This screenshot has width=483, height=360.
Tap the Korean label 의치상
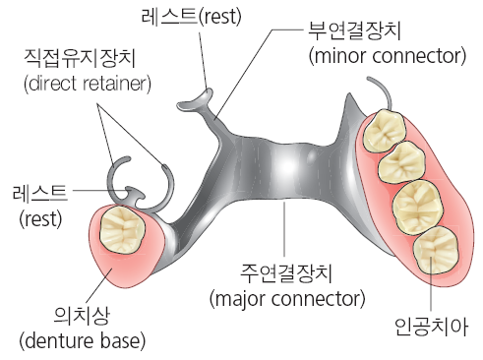tap(82, 316)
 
